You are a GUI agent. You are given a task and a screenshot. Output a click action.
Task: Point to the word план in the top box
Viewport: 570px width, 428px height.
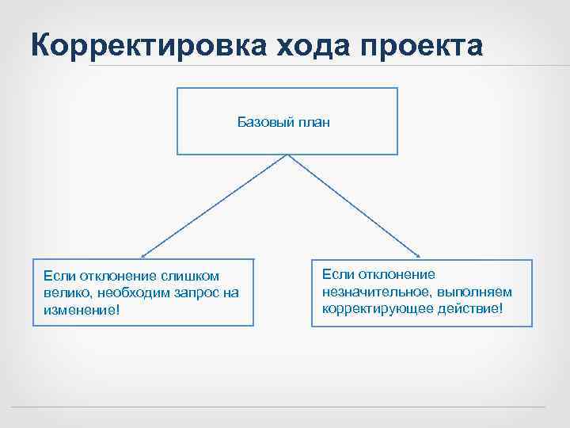[315, 122]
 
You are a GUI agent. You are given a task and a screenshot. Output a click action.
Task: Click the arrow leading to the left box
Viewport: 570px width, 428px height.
[214, 205]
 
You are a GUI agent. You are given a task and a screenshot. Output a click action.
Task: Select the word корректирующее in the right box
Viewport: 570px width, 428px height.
[367, 308]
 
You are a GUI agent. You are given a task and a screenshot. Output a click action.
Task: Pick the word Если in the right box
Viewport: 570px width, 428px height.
[336, 275]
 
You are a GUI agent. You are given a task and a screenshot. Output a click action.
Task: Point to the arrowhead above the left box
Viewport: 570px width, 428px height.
[144, 255]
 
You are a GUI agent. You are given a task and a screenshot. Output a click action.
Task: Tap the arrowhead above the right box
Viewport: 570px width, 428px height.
[417, 255]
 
